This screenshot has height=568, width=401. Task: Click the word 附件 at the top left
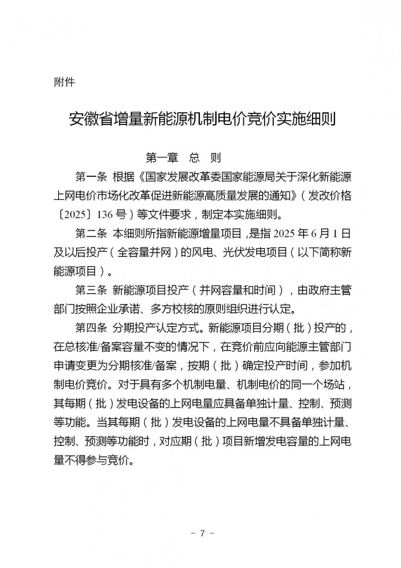64,82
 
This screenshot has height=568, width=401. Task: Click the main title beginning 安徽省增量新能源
202,119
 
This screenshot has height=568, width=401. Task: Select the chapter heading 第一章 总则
183,157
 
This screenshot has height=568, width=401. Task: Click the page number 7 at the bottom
202,533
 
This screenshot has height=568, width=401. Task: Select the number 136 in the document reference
105,215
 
